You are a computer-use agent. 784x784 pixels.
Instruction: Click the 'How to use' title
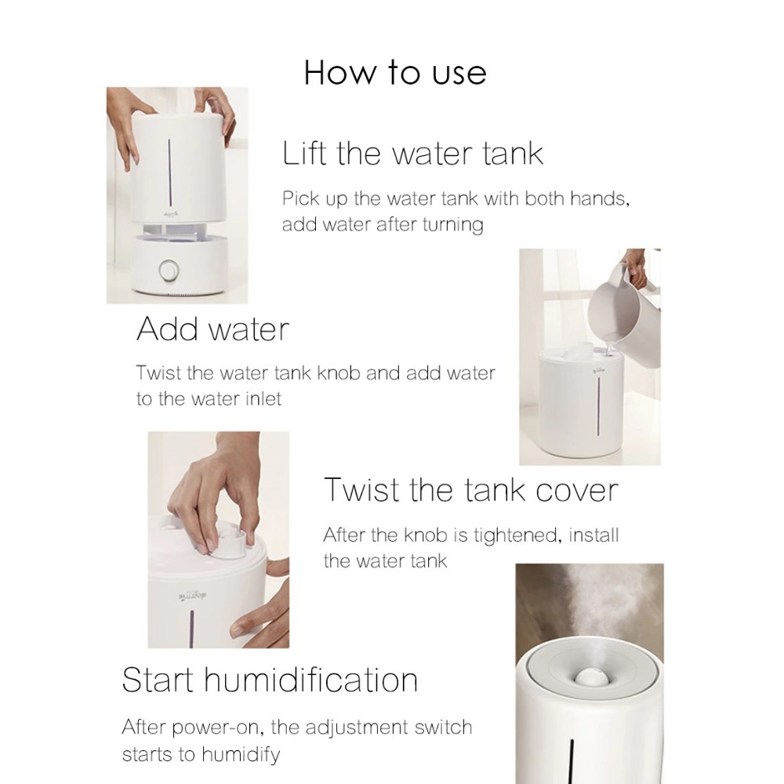pyautogui.click(x=395, y=73)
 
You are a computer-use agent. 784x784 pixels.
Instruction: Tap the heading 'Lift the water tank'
pyautogui.click(x=412, y=153)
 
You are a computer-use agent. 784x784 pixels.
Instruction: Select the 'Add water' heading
pyautogui.click(x=213, y=329)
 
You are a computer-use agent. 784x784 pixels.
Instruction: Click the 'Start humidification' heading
pyautogui.click(x=270, y=680)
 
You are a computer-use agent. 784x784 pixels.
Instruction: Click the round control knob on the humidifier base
pyautogui.click(x=169, y=270)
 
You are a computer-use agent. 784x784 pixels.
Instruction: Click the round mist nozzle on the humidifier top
pyautogui.click(x=591, y=677)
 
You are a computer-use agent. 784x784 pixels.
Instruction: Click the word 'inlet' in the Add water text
pyautogui.click(x=263, y=399)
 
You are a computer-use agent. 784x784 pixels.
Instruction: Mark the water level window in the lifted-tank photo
pyautogui.click(x=169, y=168)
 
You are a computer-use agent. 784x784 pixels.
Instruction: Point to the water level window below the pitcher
pyautogui.click(x=598, y=406)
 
